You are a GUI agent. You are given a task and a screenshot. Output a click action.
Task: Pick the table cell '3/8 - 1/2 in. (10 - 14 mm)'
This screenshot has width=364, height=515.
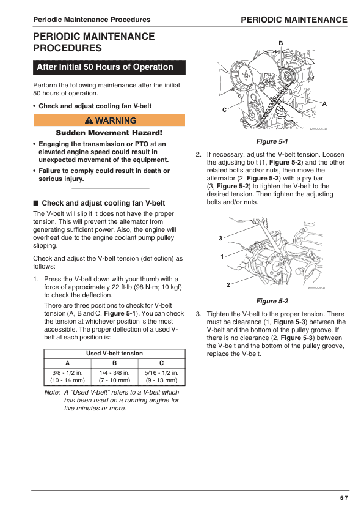click(67, 376)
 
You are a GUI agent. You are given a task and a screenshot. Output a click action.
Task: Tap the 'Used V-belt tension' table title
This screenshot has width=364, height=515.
click(114, 353)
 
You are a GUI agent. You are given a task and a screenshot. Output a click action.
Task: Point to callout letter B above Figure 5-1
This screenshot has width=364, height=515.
click(280, 42)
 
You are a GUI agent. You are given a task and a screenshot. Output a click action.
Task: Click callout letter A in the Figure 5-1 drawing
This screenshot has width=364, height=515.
click(324, 103)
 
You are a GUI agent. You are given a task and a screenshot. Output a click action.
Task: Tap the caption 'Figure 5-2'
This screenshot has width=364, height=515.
click(272, 301)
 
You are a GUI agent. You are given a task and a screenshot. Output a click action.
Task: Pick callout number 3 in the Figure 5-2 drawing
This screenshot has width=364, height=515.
click(220, 237)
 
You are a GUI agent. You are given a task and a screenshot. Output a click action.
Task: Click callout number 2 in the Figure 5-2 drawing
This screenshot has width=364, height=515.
click(228, 284)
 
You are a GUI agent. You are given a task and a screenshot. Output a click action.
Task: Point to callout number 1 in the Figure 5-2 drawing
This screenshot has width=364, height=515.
click(223, 256)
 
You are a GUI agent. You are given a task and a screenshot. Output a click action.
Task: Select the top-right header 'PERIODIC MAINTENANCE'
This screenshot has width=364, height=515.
click(294, 20)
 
